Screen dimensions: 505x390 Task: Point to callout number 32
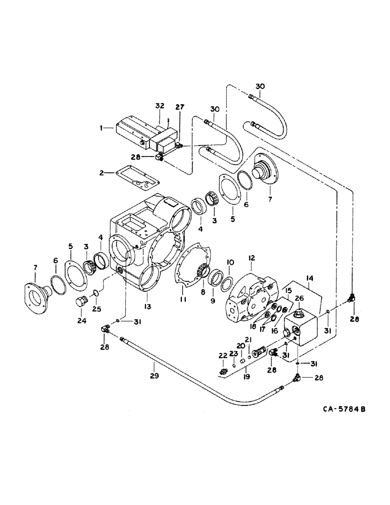[x=160, y=106]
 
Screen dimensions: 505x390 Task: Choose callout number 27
[x=180, y=107]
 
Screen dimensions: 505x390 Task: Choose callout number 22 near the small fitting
[x=222, y=356]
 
